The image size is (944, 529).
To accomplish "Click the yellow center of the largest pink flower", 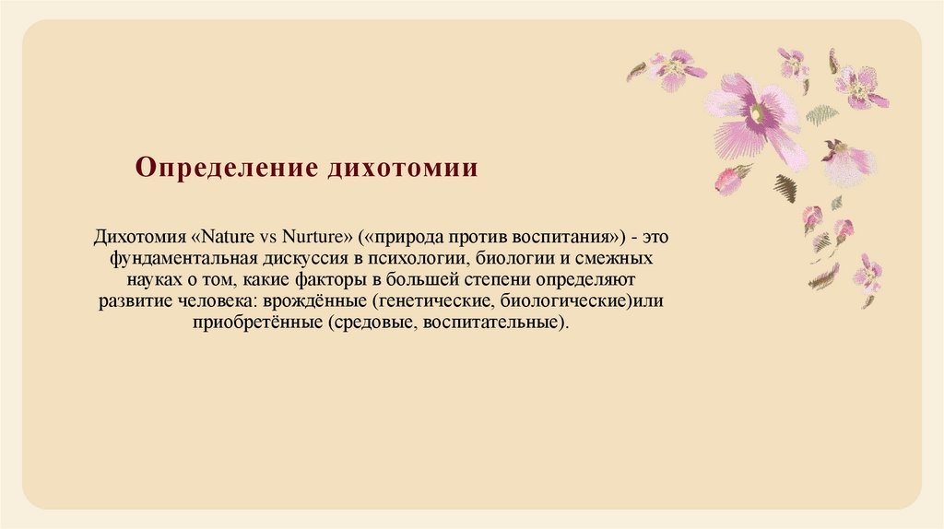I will point(757,114).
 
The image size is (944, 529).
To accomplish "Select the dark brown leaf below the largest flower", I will point(786,188).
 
